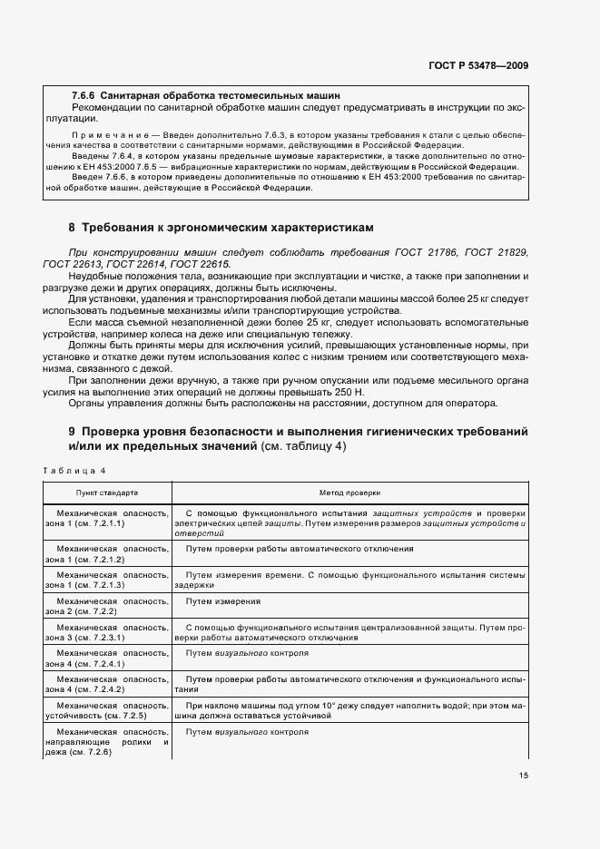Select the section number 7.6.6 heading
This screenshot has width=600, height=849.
coord(84,94)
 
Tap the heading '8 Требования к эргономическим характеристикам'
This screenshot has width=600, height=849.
coord(221,226)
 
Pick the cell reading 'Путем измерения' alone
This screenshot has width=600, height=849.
coord(223,600)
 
